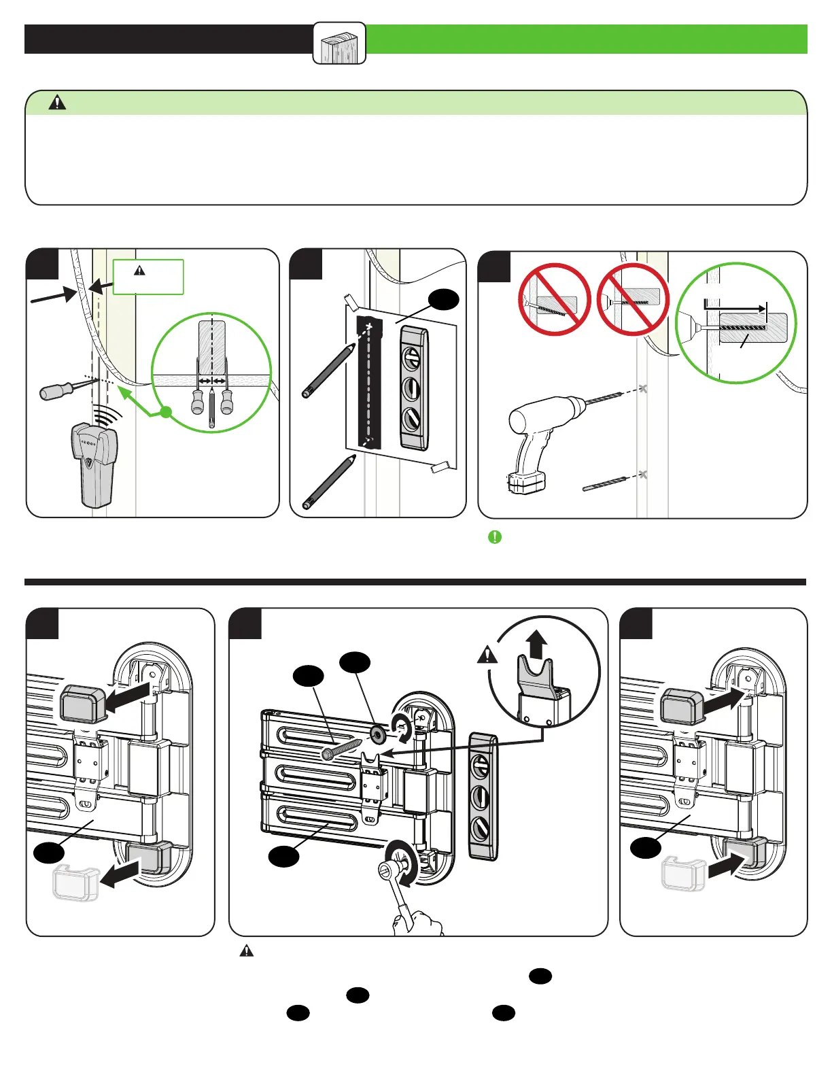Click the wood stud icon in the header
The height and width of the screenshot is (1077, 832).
339,44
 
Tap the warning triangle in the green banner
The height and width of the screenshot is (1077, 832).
58,103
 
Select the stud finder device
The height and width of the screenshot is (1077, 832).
94,462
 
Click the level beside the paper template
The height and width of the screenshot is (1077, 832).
414,388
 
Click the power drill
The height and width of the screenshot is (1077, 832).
544,435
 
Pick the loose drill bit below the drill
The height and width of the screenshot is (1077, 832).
607,482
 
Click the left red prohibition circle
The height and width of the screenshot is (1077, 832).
554,299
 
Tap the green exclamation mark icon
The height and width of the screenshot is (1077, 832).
495,537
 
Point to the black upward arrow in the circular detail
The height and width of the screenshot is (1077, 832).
537,643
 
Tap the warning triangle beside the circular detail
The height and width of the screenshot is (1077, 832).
487,655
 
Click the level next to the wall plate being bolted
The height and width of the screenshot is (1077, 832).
483,796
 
